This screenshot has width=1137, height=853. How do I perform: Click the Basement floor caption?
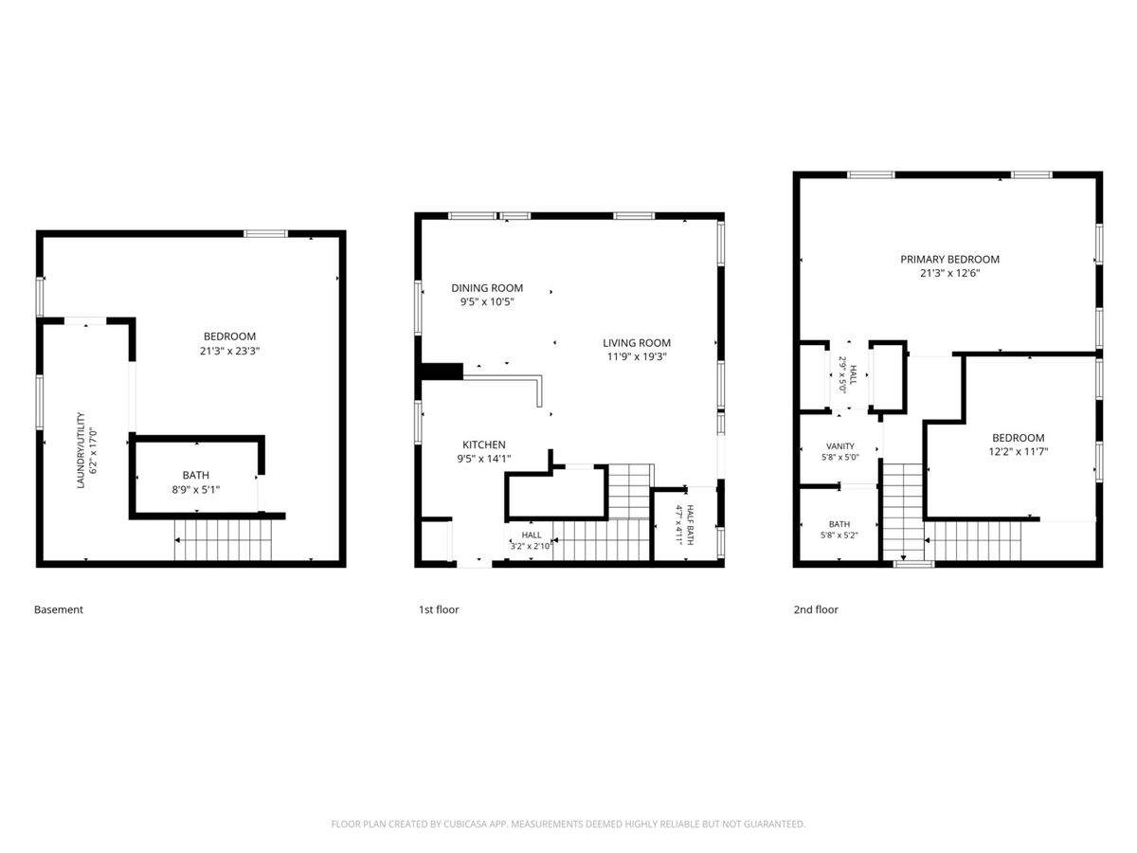59,609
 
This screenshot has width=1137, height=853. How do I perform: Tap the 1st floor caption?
439,609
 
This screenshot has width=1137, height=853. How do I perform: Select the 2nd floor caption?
816,609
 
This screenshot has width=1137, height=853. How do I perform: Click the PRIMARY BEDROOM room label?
949,260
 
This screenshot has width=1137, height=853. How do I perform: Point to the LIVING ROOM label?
637,343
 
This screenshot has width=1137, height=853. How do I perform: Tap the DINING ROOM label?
487,288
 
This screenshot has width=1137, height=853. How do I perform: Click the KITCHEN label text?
484,445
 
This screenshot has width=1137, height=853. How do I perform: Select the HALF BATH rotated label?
691,525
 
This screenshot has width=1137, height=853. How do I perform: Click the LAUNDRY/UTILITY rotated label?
81,450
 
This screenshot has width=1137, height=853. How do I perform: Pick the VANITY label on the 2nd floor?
840,445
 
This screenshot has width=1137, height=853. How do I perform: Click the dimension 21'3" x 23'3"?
229,351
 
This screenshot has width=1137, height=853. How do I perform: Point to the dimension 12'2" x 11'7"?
1018,452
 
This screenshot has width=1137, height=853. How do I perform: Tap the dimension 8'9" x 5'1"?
196,489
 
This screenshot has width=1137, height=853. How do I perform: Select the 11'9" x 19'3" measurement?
637,356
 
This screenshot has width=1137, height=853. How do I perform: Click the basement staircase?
223,540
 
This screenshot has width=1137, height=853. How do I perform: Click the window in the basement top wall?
265,234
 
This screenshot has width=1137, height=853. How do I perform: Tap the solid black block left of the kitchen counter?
442,372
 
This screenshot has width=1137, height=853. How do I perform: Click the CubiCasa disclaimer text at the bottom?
568,824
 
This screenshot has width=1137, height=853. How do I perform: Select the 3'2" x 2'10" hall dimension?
531,546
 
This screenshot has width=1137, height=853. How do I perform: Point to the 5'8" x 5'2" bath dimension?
839,535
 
